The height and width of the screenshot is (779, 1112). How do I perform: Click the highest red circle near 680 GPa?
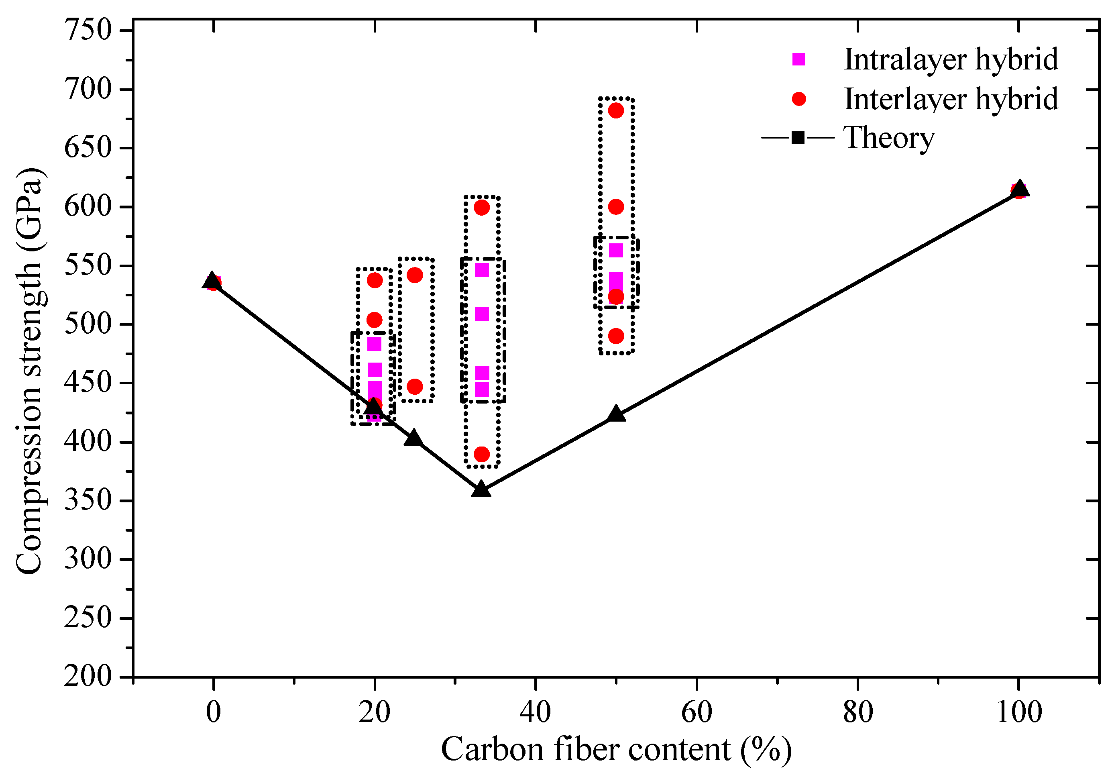coord(615,110)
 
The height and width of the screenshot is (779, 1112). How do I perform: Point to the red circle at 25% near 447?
coord(415,387)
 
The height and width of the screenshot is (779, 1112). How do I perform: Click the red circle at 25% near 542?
coord(415,275)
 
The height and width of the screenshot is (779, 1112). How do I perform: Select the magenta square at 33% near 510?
coord(481,314)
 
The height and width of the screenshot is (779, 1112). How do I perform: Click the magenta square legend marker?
coord(798,59)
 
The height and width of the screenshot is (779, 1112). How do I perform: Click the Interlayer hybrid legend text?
coord(950,99)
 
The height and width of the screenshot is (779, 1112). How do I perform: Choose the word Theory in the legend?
coord(888,138)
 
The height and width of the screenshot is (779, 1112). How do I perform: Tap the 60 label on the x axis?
coord(697,712)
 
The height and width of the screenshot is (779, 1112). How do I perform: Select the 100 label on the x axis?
coord(1018,712)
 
